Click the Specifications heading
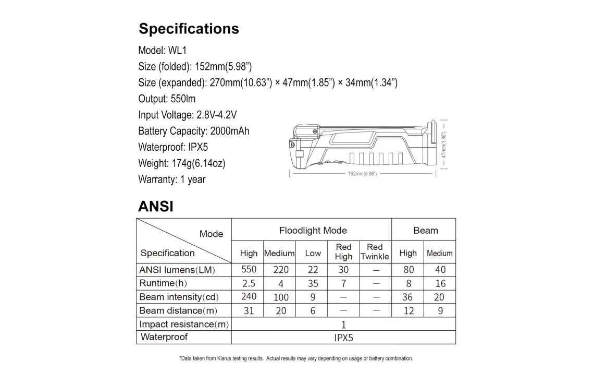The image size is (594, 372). [189, 29]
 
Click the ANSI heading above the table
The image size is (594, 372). [155, 207]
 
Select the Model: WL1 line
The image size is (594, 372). [162, 51]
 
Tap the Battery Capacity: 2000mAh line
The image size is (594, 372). [193, 131]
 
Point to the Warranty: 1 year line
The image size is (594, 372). [171, 179]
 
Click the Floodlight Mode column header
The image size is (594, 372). [313, 231]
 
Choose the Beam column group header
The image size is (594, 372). [425, 231]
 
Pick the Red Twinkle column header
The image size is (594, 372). [375, 251]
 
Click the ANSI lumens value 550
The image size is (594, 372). [249, 270]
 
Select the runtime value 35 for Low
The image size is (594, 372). [313, 284]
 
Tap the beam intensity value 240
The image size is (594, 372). [249, 296]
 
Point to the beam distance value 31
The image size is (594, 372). [249, 310]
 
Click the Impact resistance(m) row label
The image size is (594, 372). [184, 325]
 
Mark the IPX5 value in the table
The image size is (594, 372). [343, 338]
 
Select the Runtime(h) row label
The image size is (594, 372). [163, 283]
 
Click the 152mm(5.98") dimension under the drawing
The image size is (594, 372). [362, 174]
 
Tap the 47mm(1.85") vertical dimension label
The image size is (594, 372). [443, 145]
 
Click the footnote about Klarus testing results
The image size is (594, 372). [296, 358]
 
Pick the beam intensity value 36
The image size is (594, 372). [407, 297]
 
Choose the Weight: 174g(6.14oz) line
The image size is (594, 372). [181, 163]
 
